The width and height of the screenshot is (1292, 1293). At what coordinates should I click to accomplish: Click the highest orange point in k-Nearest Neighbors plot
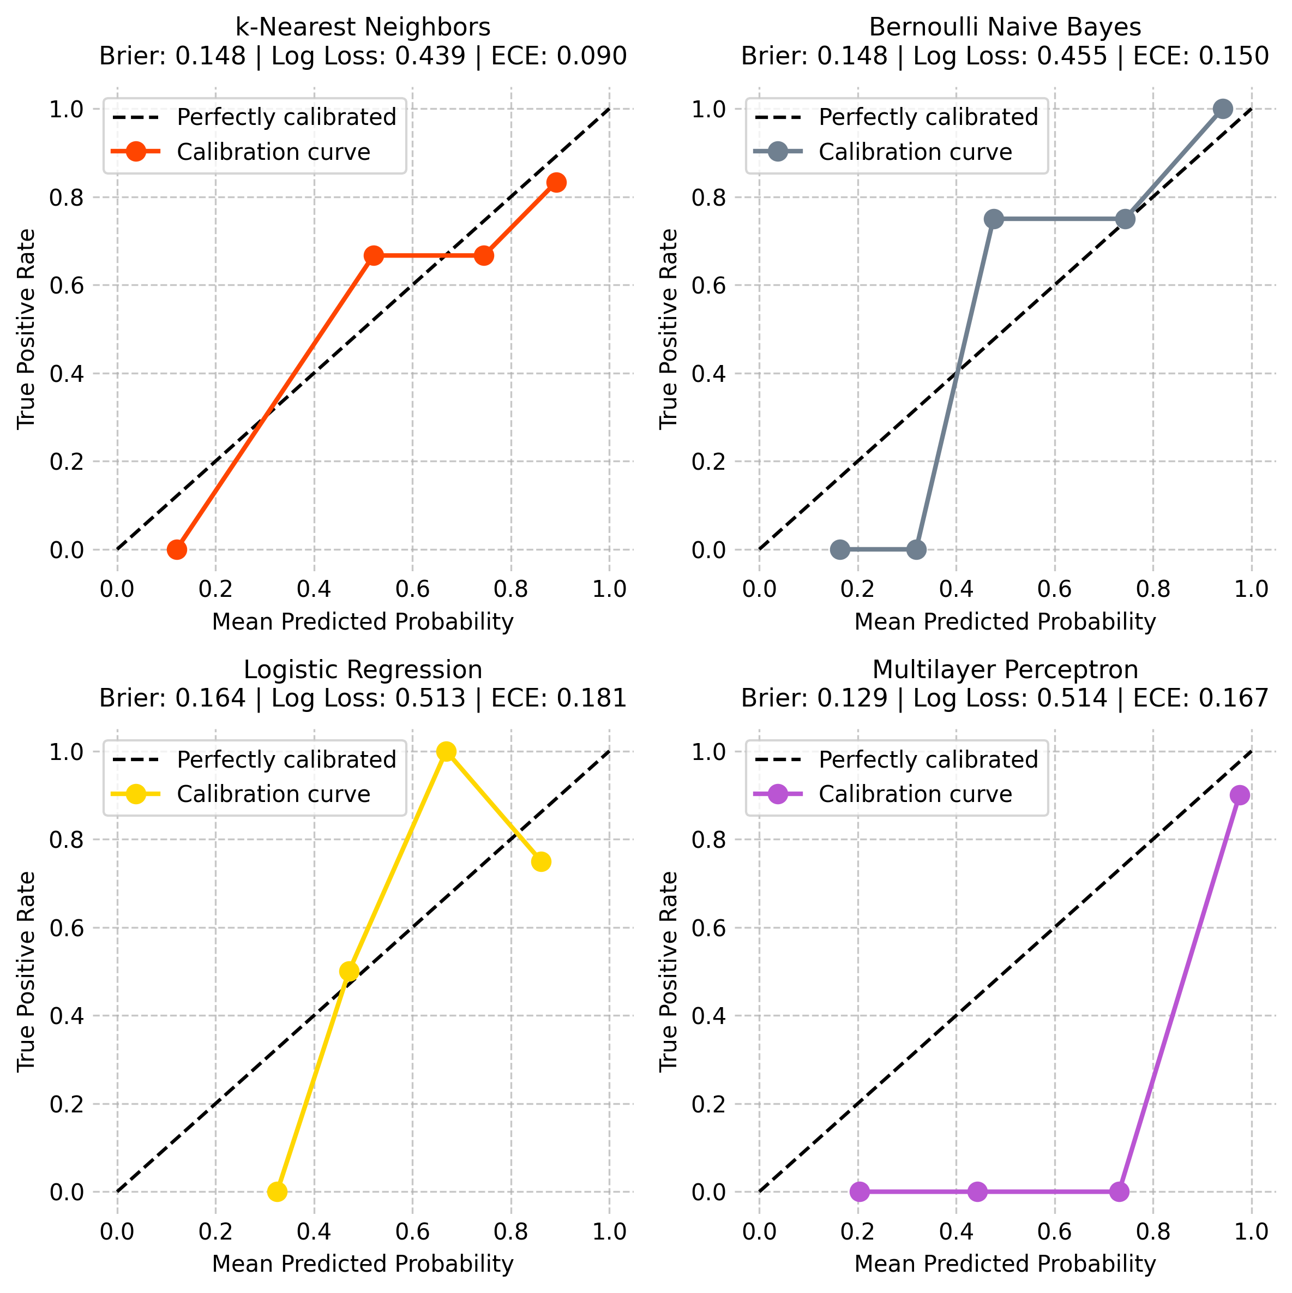point(556,182)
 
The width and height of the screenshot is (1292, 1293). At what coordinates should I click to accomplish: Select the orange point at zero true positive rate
point(177,549)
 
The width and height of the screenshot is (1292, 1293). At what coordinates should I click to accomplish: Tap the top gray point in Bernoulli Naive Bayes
point(1222,109)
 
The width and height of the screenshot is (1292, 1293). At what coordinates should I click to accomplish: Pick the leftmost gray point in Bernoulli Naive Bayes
point(840,549)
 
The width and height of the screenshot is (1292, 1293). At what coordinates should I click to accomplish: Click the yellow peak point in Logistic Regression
point(446,752)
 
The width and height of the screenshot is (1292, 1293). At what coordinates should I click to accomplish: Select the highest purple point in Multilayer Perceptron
point(1239,795)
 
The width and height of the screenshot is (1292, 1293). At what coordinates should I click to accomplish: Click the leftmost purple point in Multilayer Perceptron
point(860,1192)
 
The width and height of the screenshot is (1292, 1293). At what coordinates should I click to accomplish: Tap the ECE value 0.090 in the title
point(592,56)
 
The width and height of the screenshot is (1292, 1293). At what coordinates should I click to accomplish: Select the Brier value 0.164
point(210,698)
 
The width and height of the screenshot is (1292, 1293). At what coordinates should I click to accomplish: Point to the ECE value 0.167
point(1234,698)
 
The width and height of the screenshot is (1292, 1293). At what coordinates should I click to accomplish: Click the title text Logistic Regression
point(363,669)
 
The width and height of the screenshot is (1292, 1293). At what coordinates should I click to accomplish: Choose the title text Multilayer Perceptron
point(1005,669)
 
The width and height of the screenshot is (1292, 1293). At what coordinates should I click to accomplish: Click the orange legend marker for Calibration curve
point(136,152)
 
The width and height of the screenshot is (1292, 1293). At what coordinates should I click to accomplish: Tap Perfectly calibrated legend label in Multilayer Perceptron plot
point(928,759)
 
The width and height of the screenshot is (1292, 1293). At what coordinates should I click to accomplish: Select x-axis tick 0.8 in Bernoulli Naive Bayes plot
point(1153,589)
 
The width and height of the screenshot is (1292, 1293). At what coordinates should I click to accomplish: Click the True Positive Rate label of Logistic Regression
point(26,971)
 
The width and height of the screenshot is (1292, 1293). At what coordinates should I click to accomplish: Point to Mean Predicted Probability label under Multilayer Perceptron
point(1005,1264)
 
